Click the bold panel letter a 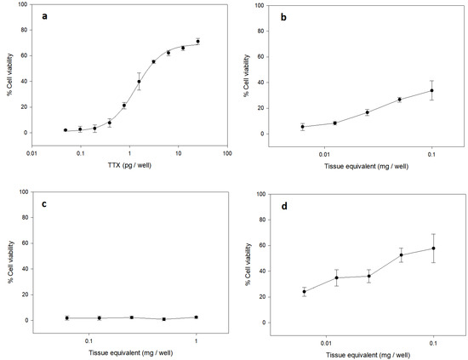pyautogui.click(x=44, y=16)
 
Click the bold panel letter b pyautogui.click(x=283, y=17)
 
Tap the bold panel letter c pyautogui.click(x=44, y=204)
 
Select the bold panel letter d pyautogui.click(x=284, y=206)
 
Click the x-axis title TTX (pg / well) pyautogui.click(x=129, y=165)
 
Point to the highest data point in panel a pyautogui.click(x=197, y=41)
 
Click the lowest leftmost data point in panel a pyautogui.click(x=66, y=130)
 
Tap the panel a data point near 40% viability pyautogui.click(x=139, y=82)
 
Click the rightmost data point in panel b pyautogui.click(x=431, y=90)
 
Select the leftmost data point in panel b pyautogui.click(x=302, y=127)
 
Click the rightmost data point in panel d pyautogui.click(x=433, y=248)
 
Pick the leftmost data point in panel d pyautogui.click(x=304, y=292)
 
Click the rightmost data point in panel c pyautogui.click(x=196, y=317)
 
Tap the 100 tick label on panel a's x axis pyautogui.click(x=227, y=153)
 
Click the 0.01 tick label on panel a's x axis pyautogui.click(x=31, y=153)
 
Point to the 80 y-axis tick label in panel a pyautogui.click(x=25, y=30)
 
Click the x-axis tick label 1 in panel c pyautogui.click(x=196, y=341)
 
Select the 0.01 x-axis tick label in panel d pyautogui.click(x=326, y=343)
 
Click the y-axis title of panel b pyautogui.click(x=246, y=76)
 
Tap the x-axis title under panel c pyautogui.click(x=131, y=353)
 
